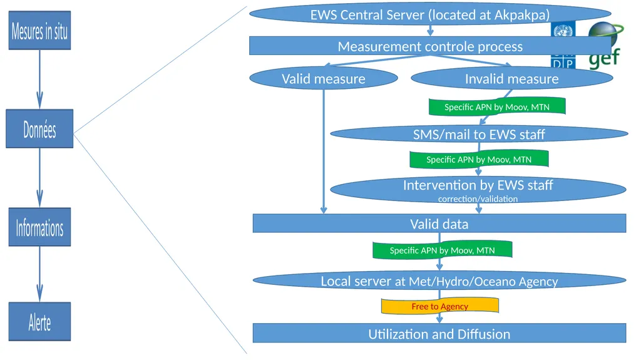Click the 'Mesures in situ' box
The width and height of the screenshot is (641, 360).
tap(39, 31)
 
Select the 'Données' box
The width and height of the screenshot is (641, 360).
tap(39, 128)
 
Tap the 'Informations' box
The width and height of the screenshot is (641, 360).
tap(39, 227)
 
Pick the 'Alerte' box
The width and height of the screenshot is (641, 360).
tap(39, 322)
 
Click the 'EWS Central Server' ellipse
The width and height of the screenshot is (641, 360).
tap(430, 15)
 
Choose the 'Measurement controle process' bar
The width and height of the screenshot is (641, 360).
tap(430, 46)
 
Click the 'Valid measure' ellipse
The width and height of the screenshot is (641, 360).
tap(324, 78)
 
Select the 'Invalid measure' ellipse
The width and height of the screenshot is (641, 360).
tap(512, 78)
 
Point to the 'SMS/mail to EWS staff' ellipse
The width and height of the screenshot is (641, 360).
tap(479, 134)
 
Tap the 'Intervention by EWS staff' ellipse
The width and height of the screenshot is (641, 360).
tap(478, 189)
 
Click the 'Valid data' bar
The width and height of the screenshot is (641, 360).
tap(439, 224)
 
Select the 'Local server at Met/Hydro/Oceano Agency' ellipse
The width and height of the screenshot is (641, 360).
tap(439, 280)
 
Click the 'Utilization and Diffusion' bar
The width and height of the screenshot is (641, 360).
tap(439, 334)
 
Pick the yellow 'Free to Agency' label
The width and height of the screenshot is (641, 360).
tap(440, 306)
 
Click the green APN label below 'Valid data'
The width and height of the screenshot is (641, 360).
tap(443, 250)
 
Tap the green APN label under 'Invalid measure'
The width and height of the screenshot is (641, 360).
tap(497, 106)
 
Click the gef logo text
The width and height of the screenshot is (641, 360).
tap(604, 58)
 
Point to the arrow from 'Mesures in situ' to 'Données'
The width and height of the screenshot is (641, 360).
tap(39, 80)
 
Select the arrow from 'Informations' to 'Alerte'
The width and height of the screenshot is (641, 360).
tap(39, 274)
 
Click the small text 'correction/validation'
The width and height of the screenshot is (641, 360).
tap(478, 199)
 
